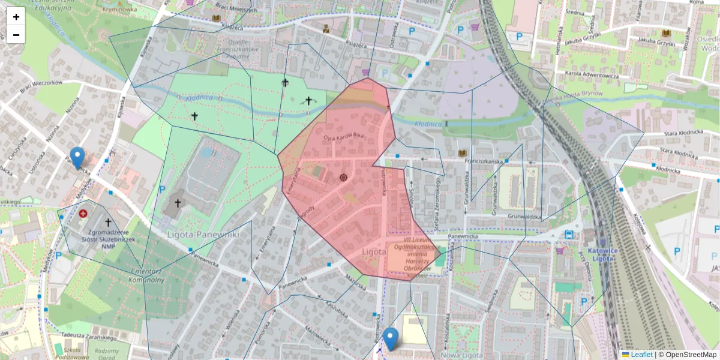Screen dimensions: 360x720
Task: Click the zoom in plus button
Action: coord(16,17)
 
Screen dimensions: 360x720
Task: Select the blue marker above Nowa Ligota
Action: coord(391,339)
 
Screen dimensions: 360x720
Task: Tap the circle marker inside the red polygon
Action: coord(343,178)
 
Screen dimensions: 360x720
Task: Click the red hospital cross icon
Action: coord(83,213)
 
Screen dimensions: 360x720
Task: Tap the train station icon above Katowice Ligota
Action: coord(569,234)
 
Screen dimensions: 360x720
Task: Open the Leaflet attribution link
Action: coord(640,355)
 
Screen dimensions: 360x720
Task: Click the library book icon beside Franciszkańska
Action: coord(462,154)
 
